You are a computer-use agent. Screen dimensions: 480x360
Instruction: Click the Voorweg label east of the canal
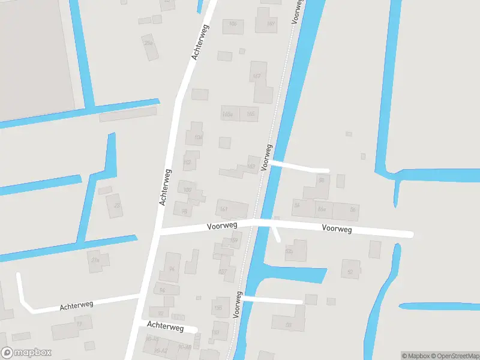click(x=337, y=229)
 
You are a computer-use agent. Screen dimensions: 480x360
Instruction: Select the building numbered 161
click(x=224, y=209)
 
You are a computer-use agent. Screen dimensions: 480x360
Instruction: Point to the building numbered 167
click(x=257, y=76)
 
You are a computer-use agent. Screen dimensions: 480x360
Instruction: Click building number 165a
click(x=228, y=114)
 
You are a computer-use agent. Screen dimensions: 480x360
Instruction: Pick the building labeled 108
click(x=198, y=137)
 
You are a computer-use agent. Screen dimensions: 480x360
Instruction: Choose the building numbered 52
click(x=350, y=272)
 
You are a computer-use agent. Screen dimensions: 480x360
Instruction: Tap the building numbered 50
click(x=289, y=325)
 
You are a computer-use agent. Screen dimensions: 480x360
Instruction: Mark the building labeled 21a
click(x=94, y=260)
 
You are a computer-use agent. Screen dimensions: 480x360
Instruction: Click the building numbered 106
click(x=233, y=24)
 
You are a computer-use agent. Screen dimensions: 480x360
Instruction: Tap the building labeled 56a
click(x=322, y=209)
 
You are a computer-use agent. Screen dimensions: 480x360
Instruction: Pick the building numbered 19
click(x=79, y=325)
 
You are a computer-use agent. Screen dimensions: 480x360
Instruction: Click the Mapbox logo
click(x=26, y=353)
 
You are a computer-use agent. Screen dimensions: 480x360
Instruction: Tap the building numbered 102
click(x=187, y=162)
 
